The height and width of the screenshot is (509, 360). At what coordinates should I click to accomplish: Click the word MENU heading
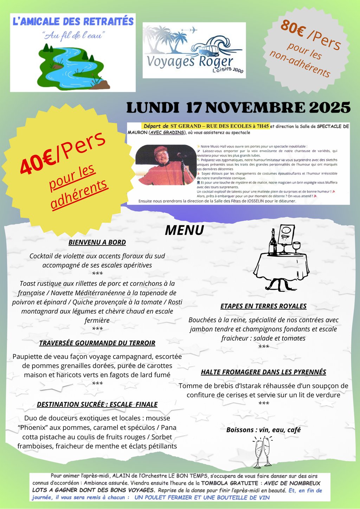(x=184, y=230)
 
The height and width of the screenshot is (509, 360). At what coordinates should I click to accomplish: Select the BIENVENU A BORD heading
(x=97, y=242)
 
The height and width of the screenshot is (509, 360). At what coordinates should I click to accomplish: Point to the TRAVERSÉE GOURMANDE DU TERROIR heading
(x=97, y=343)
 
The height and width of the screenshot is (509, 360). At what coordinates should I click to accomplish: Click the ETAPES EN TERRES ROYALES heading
(x=263, y=306)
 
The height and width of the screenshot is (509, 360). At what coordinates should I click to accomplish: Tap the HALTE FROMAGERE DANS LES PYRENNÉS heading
(x=263, y=372)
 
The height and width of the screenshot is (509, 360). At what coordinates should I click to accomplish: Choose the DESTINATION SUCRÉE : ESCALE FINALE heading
(x=97, y=404)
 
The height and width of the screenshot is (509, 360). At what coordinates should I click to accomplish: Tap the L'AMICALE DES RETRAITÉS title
(x=73, y=21)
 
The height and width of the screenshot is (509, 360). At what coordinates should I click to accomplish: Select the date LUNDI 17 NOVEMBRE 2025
(x=238, y=108)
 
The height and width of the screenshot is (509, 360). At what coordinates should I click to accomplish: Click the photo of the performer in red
(x=166, y=165)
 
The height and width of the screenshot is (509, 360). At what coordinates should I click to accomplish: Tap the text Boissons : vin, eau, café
(x=263, y=430)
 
